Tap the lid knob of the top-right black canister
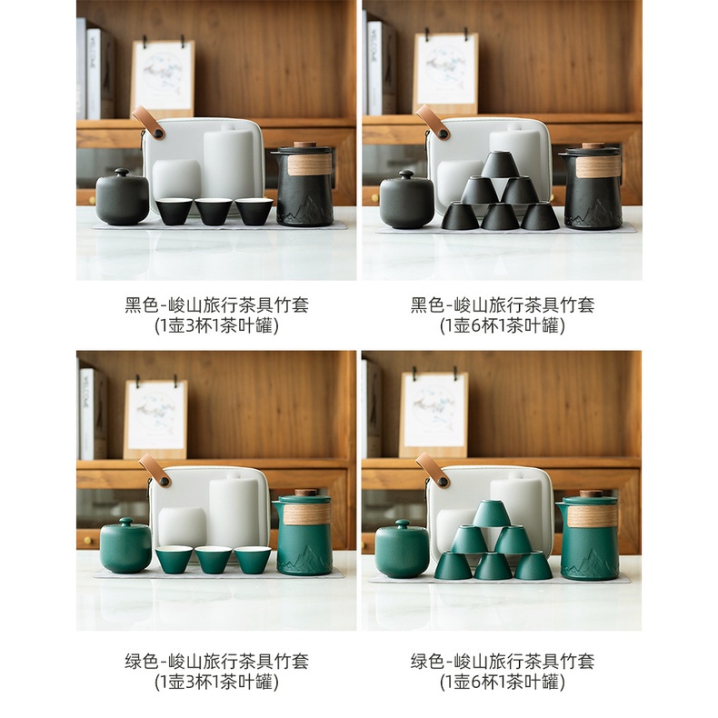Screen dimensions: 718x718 click(x=406, y=175)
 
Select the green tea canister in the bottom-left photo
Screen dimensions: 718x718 click(x=125, y=546)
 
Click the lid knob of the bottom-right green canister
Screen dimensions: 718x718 click(x=403, y=524)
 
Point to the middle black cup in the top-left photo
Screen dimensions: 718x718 click(x=214, y=211)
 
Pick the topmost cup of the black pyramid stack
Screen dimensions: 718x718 click(x=500, y=165)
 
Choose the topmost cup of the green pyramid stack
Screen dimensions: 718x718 click(x=492, y=514)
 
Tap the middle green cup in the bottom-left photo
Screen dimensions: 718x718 click(x=214, y=560)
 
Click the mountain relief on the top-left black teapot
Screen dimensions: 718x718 click(x=305, y=211)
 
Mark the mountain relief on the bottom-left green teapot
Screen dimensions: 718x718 click(x=304, y=560)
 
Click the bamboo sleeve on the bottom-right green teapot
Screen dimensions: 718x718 click(x=593, y=515)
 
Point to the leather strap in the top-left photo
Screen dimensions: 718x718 click(x=148, y=123)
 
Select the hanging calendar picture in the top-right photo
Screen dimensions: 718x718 click(x=446, y=74)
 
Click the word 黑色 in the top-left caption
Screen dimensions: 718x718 click(x=142, y=305)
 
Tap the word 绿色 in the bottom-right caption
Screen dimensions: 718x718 click(x=427, y=662)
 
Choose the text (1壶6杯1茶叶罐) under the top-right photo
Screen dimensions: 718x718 click(x=502, y=326)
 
